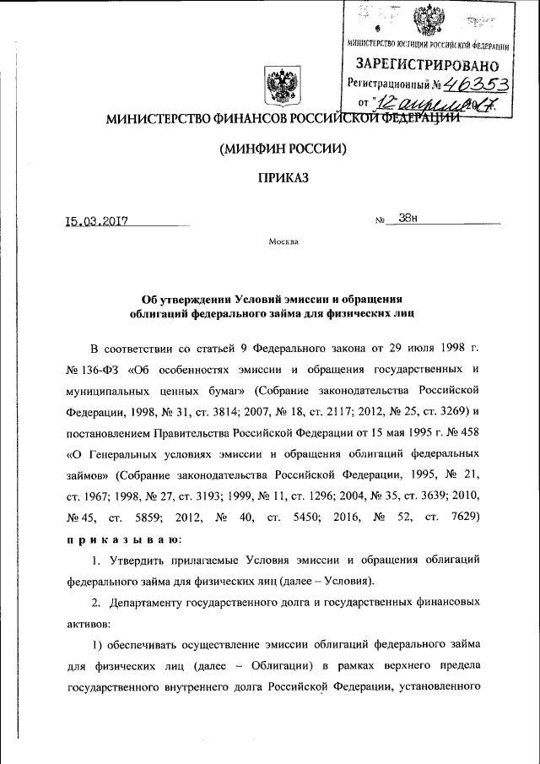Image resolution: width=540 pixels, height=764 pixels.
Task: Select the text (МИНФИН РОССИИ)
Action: click(x=283, y=149)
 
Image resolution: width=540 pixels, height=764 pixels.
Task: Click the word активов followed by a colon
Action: click(x=91, y=625)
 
